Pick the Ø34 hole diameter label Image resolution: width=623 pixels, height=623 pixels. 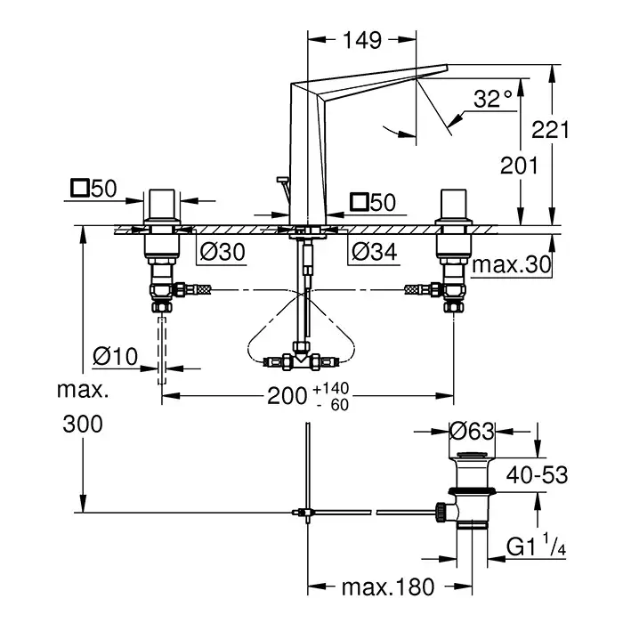point(373,253)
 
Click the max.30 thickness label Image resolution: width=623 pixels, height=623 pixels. point(511,264)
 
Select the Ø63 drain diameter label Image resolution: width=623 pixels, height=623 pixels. point(470,432)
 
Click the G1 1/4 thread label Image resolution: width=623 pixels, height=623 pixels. point(535,545)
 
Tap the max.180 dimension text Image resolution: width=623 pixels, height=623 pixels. point(389,587)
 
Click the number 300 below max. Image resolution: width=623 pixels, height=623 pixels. point(83,424)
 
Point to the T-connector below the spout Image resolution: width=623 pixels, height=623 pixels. point(303,360)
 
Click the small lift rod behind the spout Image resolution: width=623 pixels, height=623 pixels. point(282,189)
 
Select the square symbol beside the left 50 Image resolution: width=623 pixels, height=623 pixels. point(79,189)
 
